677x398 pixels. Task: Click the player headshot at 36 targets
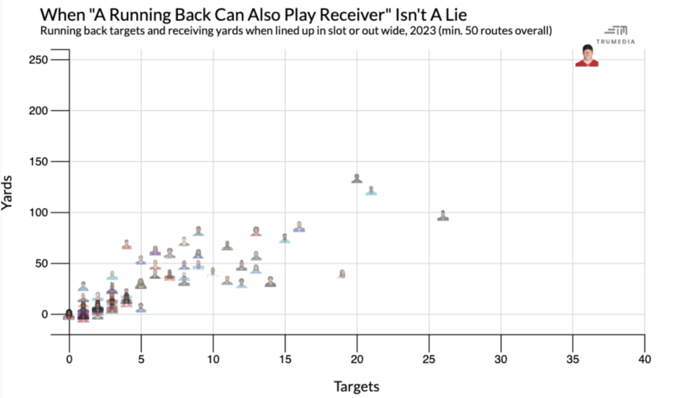586,56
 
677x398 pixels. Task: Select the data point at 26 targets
443,216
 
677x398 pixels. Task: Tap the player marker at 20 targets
357,179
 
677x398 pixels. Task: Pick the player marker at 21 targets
371,191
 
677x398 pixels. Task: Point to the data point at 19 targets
342,274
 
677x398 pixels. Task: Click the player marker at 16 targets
299,227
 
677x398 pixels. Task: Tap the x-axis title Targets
356,385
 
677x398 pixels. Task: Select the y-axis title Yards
9,196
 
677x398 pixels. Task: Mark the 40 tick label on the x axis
645,360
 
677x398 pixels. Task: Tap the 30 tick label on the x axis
501,360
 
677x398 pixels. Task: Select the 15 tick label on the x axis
285,360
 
